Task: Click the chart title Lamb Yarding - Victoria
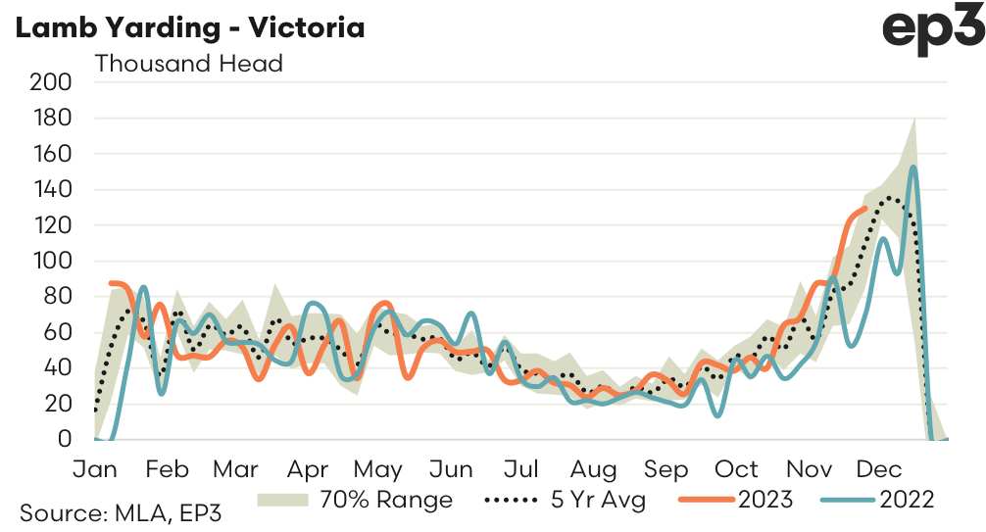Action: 189,27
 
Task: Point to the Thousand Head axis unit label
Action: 188,64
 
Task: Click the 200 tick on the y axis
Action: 52,82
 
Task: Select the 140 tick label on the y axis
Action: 52,190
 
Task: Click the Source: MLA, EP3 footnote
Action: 107,512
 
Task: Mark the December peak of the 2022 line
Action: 912,167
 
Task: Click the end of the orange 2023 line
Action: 864,208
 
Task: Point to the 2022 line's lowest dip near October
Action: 718,416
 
